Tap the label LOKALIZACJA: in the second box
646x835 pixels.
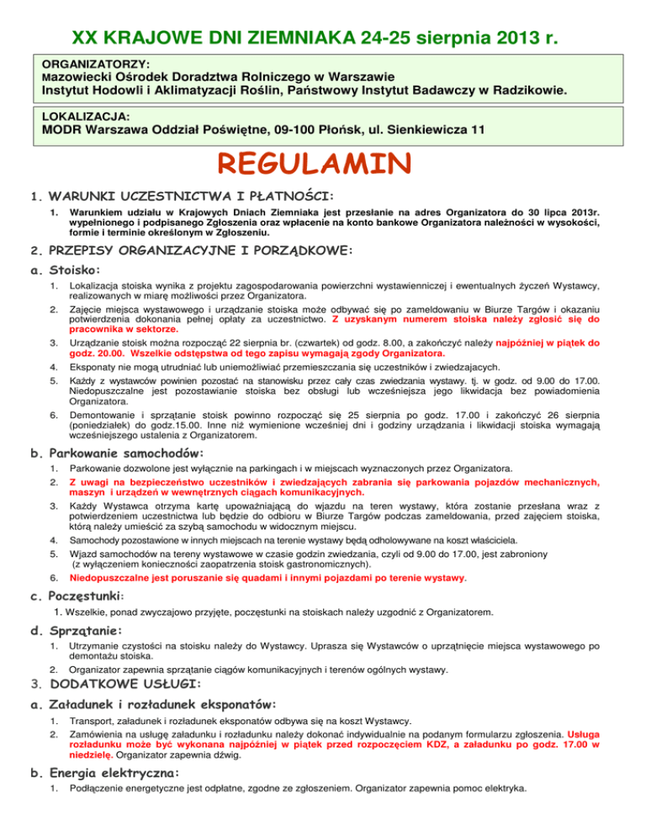[87, 114]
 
